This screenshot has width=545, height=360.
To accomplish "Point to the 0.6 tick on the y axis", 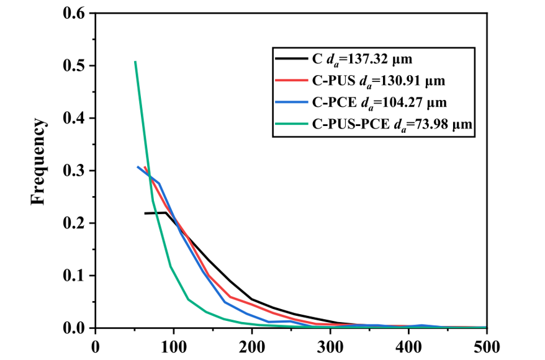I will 74,13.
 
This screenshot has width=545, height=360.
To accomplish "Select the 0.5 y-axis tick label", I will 74,66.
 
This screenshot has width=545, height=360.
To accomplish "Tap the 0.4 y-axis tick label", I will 74,118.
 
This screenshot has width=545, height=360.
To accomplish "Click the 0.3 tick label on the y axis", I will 74,171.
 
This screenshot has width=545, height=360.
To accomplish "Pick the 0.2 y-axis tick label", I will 74,223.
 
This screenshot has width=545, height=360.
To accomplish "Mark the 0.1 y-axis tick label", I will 74,276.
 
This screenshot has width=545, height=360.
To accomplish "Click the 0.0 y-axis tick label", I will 74,328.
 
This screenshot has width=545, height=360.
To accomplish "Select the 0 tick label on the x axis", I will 95,345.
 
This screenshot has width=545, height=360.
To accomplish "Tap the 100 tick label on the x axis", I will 173,345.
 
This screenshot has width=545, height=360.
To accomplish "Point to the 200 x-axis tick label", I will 251,345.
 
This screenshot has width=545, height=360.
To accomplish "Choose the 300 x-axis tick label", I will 330,345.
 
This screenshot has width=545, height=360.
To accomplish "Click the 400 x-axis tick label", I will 408,345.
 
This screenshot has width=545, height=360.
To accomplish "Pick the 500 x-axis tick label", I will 486,345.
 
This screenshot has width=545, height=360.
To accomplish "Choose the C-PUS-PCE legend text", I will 351,125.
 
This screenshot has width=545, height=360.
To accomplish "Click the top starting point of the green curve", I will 135,61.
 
